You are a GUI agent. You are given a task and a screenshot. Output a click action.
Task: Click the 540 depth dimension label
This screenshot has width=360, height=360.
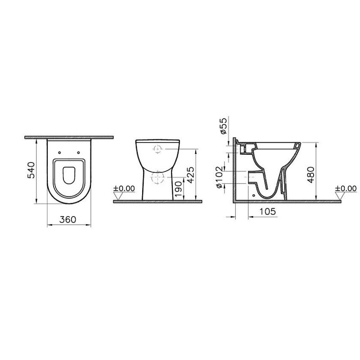[31, 170]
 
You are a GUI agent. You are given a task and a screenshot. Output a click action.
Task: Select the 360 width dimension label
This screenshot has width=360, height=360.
[68, 220]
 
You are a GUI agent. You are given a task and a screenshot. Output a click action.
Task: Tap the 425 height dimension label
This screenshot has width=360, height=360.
[190, 175]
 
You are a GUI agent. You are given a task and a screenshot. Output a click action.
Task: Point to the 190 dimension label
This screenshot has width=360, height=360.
[178, 189]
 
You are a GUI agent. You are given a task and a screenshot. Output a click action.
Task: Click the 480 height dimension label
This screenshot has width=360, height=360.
[311, 175]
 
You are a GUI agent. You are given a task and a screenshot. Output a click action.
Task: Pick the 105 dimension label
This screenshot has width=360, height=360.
[267, 211]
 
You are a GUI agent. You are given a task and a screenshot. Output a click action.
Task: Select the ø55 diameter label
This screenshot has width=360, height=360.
[223, 126]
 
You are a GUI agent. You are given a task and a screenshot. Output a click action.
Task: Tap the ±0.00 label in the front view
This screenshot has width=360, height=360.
[124, 189]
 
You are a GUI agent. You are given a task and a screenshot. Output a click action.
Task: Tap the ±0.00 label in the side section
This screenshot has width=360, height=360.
[346, 189]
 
